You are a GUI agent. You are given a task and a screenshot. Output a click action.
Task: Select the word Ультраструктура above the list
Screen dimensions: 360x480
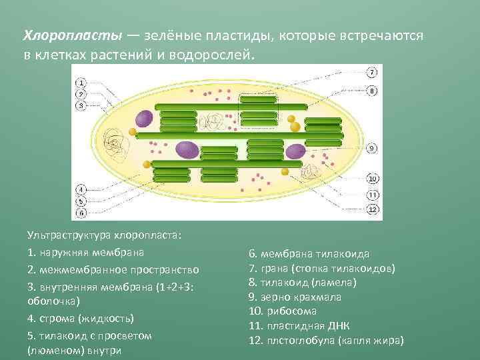click(x=69, y=235)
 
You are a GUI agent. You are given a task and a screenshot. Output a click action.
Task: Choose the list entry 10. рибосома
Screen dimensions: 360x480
click(x=283, y=311)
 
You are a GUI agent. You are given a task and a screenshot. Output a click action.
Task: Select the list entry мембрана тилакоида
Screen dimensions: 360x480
click(x=309, y=253)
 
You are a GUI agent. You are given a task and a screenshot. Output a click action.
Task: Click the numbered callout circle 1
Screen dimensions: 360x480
click(x=81, y=83)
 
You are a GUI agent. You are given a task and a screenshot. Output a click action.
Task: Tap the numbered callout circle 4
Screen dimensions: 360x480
click(x=81, y=189)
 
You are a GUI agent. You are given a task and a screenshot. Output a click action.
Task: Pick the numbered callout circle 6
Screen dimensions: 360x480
click(x=81, y=213)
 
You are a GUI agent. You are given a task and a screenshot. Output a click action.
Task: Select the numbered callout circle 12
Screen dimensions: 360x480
click(x=373, y=209)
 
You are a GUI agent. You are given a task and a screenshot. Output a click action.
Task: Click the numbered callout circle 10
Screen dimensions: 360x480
click(x=373, y=179)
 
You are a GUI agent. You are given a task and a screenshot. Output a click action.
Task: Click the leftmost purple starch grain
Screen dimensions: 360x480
click(x=144, y=119)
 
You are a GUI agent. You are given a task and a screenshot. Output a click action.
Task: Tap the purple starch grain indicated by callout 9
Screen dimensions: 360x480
click(x=295, y=151)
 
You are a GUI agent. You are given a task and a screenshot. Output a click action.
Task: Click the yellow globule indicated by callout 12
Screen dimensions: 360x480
click(x=285, y=172)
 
